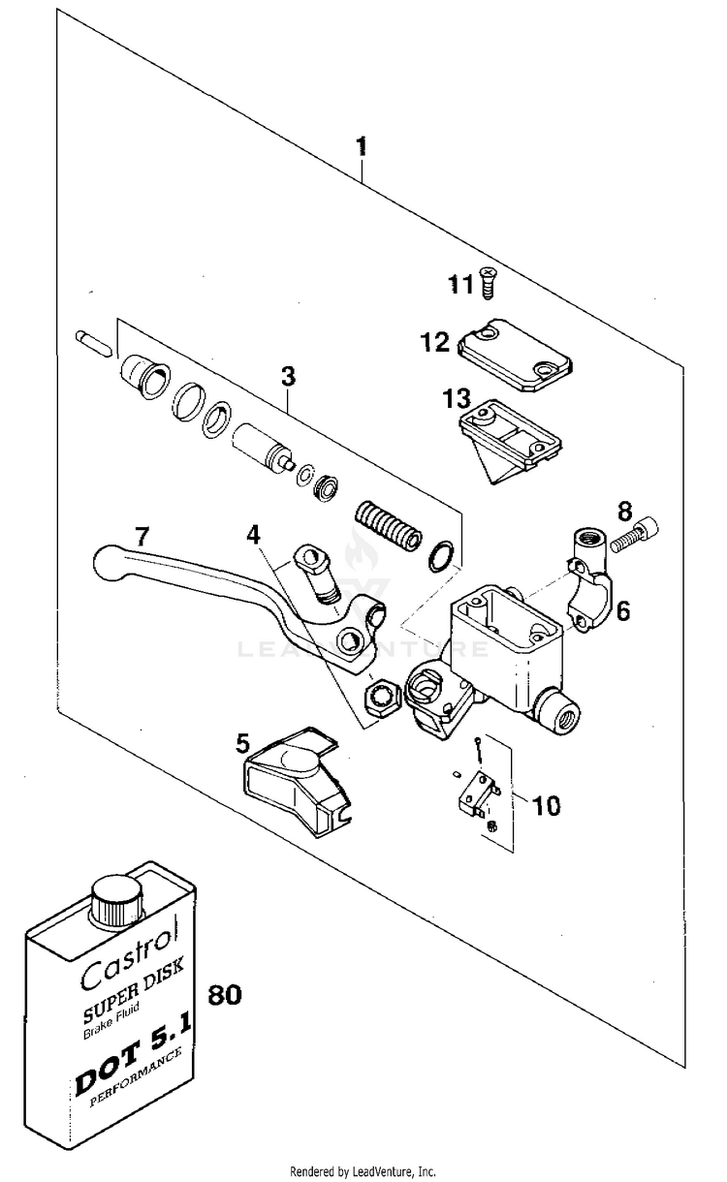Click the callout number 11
coord(460,285)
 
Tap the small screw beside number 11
coord(488,283)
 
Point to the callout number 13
coord(457,399)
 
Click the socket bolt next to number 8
coord(635,534)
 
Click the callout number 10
coord(547,806)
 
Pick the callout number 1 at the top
coord(362,146)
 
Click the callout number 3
coord(288,376)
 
